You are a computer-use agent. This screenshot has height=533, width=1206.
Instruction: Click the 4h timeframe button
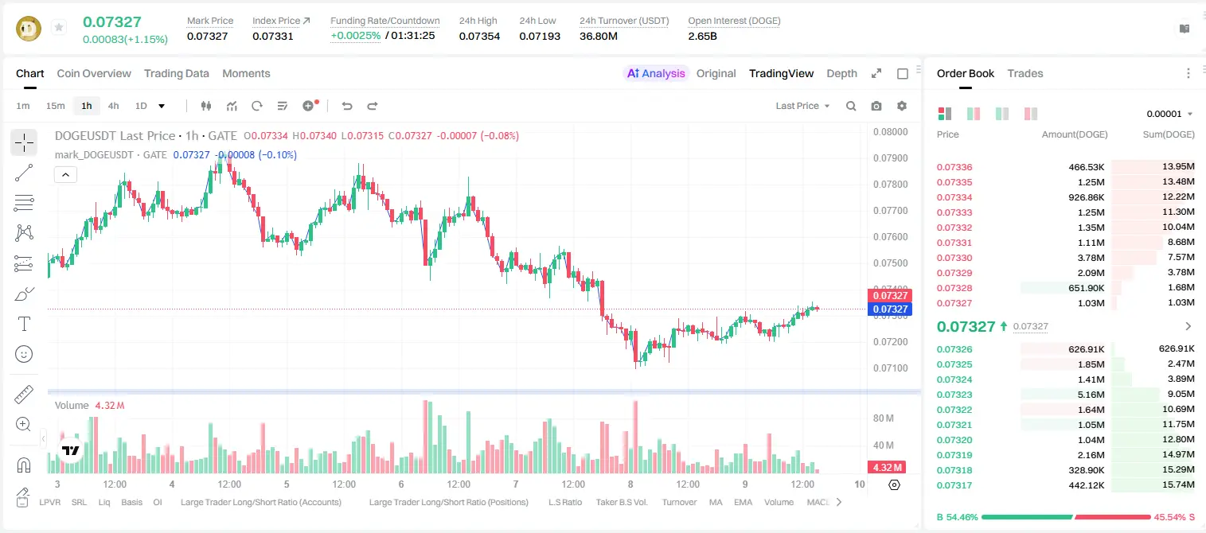click(113, 106)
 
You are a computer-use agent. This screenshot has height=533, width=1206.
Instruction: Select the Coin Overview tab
click(94, 74)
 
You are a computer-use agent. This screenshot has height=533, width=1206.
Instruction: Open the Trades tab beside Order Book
click(1025, 74)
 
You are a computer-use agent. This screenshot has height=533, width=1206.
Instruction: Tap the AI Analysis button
click(656, 74)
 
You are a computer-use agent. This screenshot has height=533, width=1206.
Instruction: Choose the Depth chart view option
click(841, 74)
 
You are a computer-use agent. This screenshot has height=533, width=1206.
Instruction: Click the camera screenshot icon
click(876, 106)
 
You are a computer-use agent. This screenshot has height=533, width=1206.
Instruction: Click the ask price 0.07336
click(954, 167)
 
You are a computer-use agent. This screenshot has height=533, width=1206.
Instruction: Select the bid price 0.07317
click(954, 485)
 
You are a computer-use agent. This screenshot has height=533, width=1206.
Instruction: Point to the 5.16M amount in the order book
click(1091, 395)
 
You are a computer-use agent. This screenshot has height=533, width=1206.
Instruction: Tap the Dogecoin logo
click(29, 29)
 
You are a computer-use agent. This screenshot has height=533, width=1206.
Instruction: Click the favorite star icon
click(59, 27)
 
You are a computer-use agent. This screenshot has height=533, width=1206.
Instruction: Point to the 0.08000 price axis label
click(891, 132)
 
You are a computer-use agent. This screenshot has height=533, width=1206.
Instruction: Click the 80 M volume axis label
click(883, 418)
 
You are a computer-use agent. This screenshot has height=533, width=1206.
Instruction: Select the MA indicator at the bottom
click(716, 502)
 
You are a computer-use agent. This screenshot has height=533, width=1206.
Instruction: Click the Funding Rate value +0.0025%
click(355, 36)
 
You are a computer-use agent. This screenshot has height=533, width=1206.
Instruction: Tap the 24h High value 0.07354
click(479, 37)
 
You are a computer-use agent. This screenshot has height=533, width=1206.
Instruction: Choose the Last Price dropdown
click(802, 106)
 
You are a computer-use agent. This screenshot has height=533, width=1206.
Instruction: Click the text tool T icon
click(24, 325)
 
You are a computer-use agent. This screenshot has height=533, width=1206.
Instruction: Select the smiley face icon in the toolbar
click(24, 355)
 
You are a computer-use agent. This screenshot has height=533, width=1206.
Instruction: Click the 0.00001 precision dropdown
click(1169, 114)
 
